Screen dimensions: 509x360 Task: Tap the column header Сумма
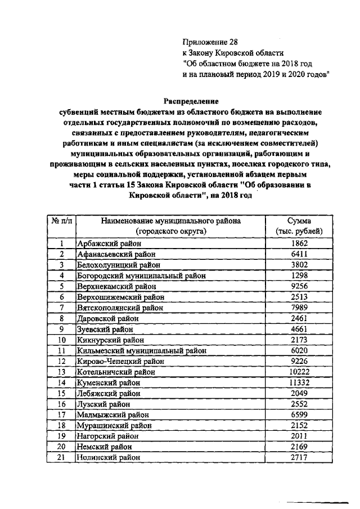299,221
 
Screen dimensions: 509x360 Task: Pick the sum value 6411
299,254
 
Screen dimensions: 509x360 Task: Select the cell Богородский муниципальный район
141,276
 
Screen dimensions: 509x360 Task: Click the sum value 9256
299,286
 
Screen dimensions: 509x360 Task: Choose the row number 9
61,329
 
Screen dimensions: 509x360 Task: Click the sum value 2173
299,340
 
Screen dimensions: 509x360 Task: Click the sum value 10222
299,372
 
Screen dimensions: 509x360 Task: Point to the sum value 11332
299,382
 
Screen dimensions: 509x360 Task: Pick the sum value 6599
299,415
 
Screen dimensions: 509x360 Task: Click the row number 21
61,457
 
